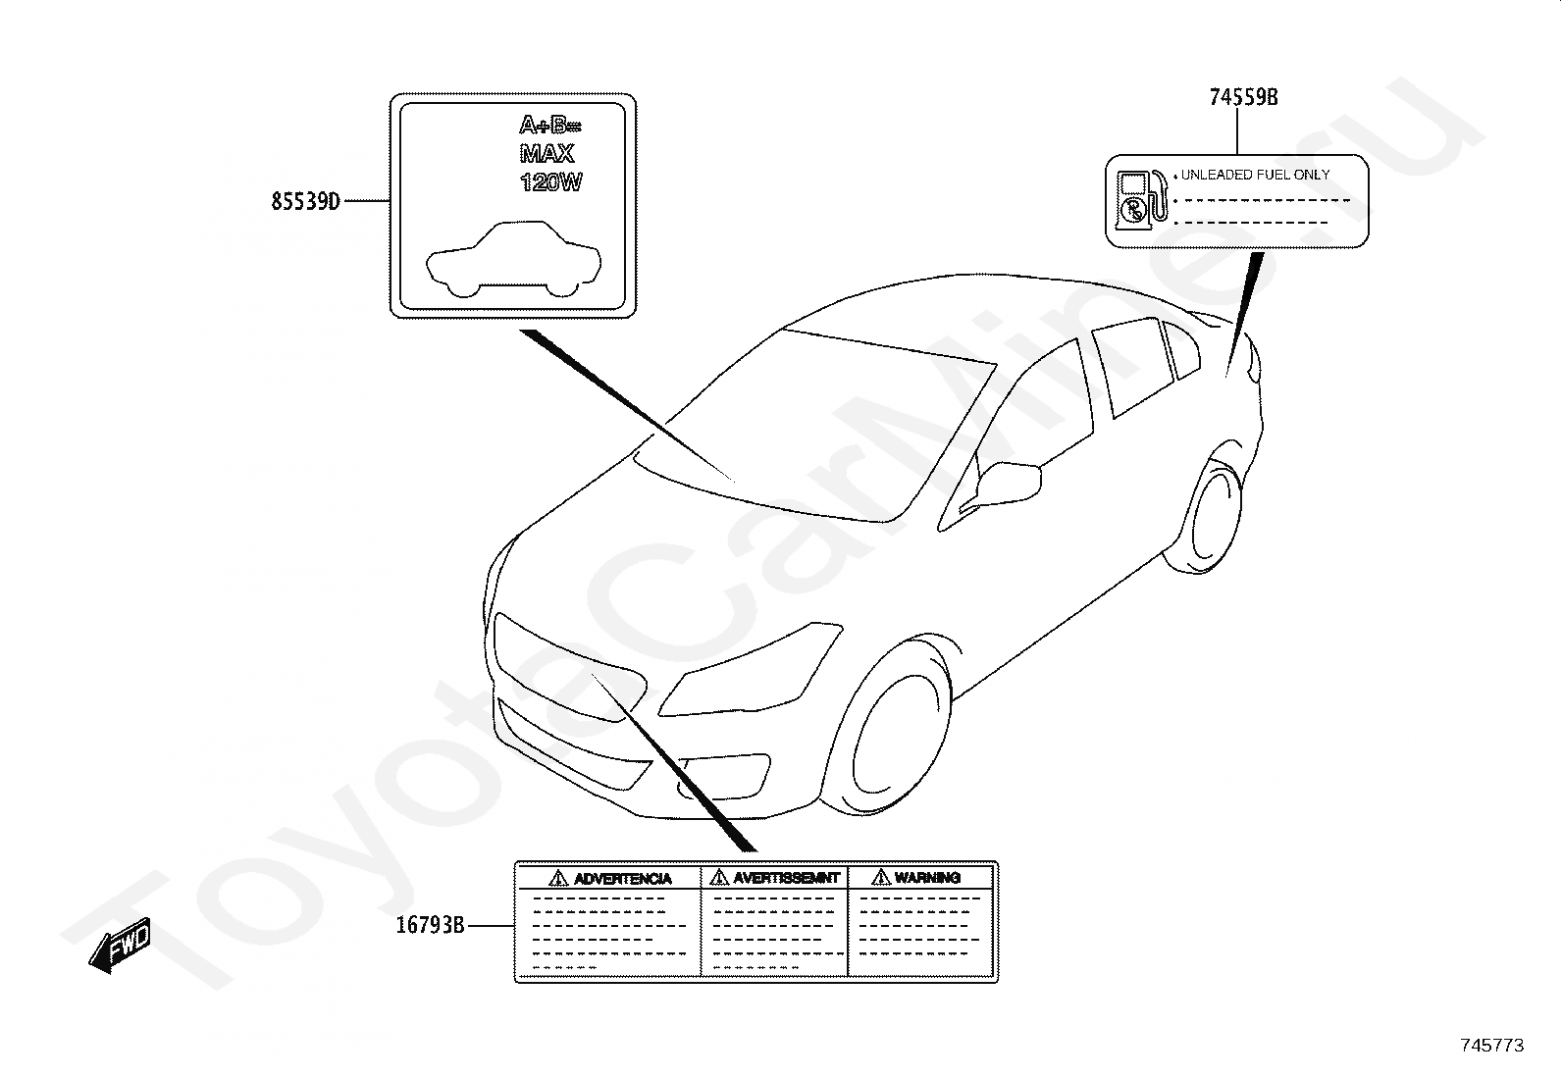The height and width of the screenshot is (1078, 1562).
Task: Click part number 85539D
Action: tap(305, 202)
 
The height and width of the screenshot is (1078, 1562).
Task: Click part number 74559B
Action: tap(1243, 97)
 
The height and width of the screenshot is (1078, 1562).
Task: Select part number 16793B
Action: tap(430, 924)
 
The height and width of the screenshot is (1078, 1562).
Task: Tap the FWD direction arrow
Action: tap(120, 946)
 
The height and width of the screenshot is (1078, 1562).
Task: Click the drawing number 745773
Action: tap(1491, 1046)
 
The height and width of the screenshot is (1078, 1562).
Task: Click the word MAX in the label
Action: tap(547, 154)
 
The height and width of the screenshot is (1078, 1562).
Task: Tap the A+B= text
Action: tap(549, 126)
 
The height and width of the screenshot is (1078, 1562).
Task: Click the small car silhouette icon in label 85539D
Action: tap(513, 259)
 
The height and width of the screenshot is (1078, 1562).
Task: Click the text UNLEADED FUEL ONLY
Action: tap(1255, 175)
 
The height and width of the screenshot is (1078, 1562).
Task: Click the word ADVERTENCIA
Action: tap(623, 878)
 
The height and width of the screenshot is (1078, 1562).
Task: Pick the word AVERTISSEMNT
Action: tap(786, 878)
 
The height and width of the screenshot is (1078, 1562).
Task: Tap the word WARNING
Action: tap(927, 878)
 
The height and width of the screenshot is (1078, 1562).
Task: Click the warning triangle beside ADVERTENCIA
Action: tap(558, 878)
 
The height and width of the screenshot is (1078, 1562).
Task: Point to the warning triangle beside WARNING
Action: tap(880, 878)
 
